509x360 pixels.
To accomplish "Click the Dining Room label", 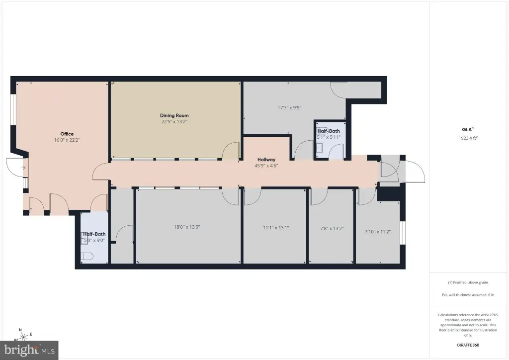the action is point(174,115).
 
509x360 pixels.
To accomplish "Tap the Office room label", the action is point(67,134).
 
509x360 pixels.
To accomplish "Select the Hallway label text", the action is point(266,160).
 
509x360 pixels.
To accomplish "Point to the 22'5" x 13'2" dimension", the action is point(174,122).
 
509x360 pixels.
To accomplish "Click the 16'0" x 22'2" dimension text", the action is point(67,140).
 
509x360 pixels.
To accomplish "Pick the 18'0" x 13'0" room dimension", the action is point(187,227).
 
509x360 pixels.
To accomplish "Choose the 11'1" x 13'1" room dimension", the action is point(276,228).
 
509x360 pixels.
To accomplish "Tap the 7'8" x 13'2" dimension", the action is point(332,229).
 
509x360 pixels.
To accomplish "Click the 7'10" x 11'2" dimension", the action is point(378,232).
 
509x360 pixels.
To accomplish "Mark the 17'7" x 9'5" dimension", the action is point(290,108).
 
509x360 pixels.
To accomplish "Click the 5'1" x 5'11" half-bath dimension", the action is point(329,137).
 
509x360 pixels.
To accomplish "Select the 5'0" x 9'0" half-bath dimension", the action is point(94,241).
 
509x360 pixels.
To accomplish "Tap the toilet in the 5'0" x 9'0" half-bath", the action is point(87,257).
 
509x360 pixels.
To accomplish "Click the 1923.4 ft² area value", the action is point(468,138).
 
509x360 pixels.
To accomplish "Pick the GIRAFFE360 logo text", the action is point(468,345).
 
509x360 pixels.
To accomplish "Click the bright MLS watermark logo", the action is point(29,350).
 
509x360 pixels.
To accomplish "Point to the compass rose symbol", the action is point(23,336).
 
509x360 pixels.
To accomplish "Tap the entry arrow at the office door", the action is point(23,168).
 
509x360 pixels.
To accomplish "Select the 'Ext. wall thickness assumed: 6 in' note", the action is point(468,295).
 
